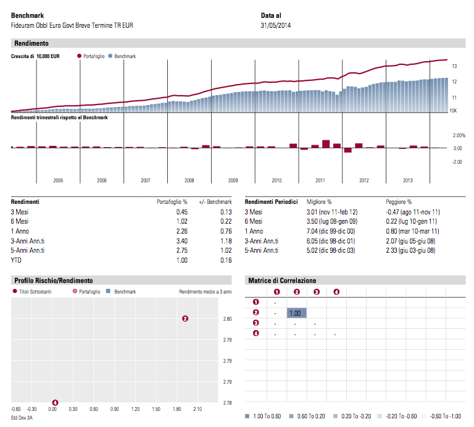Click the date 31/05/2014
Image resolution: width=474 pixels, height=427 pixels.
[x=276, y=25]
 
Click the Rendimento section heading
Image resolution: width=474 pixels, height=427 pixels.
[x=31, y=43]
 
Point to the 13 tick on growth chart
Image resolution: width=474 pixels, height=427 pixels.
[x=454, y=66]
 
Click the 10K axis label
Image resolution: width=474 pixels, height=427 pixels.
[x=452, y=111]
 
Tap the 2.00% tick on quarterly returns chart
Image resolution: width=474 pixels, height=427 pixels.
[x=459, y=135]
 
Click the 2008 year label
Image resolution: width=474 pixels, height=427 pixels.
[x=189, y=180]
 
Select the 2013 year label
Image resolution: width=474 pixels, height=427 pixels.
[x=408, y=180]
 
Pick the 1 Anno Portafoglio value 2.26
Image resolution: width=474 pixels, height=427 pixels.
[x=182, y=231]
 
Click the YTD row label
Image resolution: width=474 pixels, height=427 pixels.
[x=16, y=260]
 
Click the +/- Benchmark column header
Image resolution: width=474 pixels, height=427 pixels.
[x=214, y=202]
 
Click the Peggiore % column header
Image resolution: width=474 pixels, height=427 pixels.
[x=399, y=202]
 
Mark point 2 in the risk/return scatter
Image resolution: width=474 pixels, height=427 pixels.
[x=185, y=319]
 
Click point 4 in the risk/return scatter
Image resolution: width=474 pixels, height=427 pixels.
[x=55, y=402]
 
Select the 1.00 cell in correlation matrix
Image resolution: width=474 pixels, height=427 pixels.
[x=296, y=313]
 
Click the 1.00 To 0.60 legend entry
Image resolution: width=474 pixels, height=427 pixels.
[x=265, y=416]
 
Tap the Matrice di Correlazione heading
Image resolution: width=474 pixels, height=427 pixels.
[x=282, y=281]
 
